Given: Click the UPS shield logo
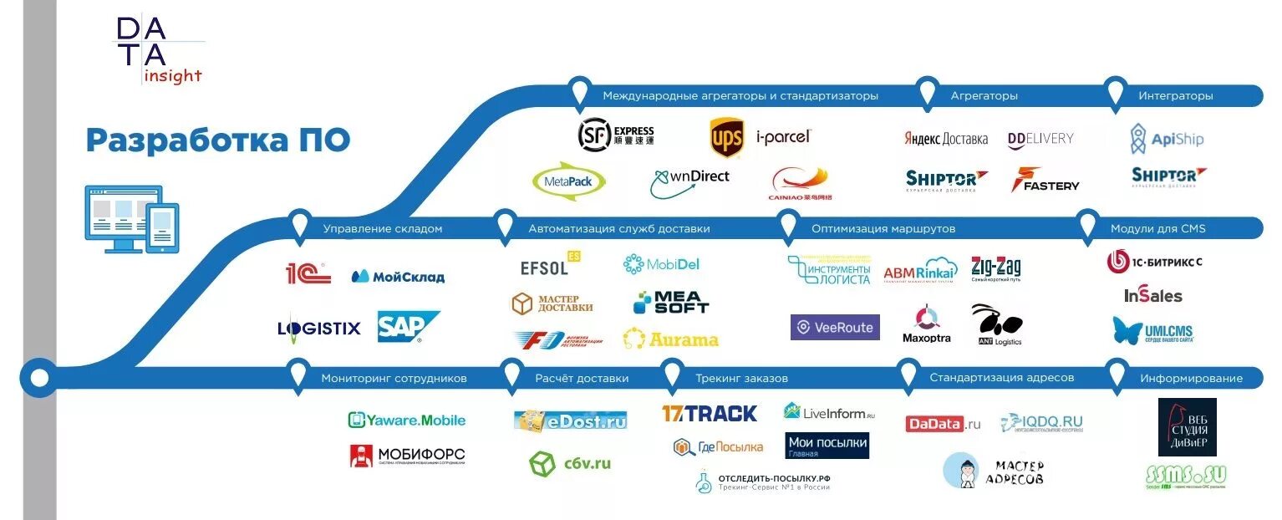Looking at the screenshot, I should (726, 138).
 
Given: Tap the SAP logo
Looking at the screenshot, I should (408, 327).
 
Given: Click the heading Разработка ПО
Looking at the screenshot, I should (217, 140).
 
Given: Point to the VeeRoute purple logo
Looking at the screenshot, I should (835, 328).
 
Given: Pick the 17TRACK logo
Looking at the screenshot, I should (710, 413).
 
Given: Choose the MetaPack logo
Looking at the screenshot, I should (569, 181).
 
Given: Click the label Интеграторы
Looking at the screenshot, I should (1175, 96).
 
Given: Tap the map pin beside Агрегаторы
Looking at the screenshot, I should (927, 92).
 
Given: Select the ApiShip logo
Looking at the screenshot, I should (1167, 139).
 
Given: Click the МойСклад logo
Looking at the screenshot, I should (398, 277).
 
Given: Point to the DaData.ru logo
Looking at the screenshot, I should (943, 424).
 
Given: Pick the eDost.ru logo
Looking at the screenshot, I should (571, 421).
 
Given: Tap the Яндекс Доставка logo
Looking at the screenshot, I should (946, 139).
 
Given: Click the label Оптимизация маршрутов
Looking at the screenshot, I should (883, 228).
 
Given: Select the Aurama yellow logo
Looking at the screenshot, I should (670, 339).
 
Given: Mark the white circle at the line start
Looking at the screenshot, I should (39, 378).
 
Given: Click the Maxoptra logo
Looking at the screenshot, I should (926, 325).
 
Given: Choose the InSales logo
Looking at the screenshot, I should (1153, 296).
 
